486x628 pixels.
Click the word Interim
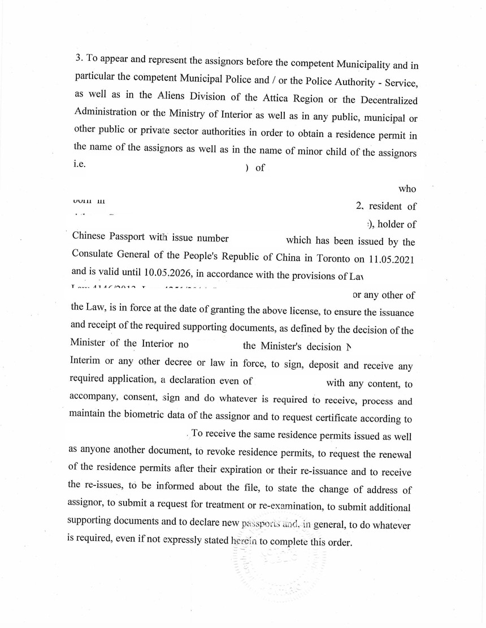(x=88, y=362)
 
